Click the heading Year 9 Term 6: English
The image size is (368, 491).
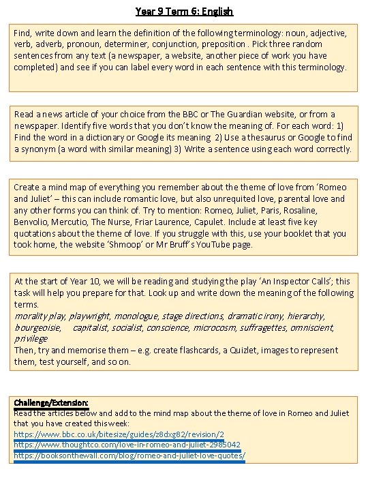click(x=184, y=11)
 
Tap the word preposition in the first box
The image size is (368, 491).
click(x=275, y=44)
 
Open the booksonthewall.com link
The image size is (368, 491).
click(x=129, y=455)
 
